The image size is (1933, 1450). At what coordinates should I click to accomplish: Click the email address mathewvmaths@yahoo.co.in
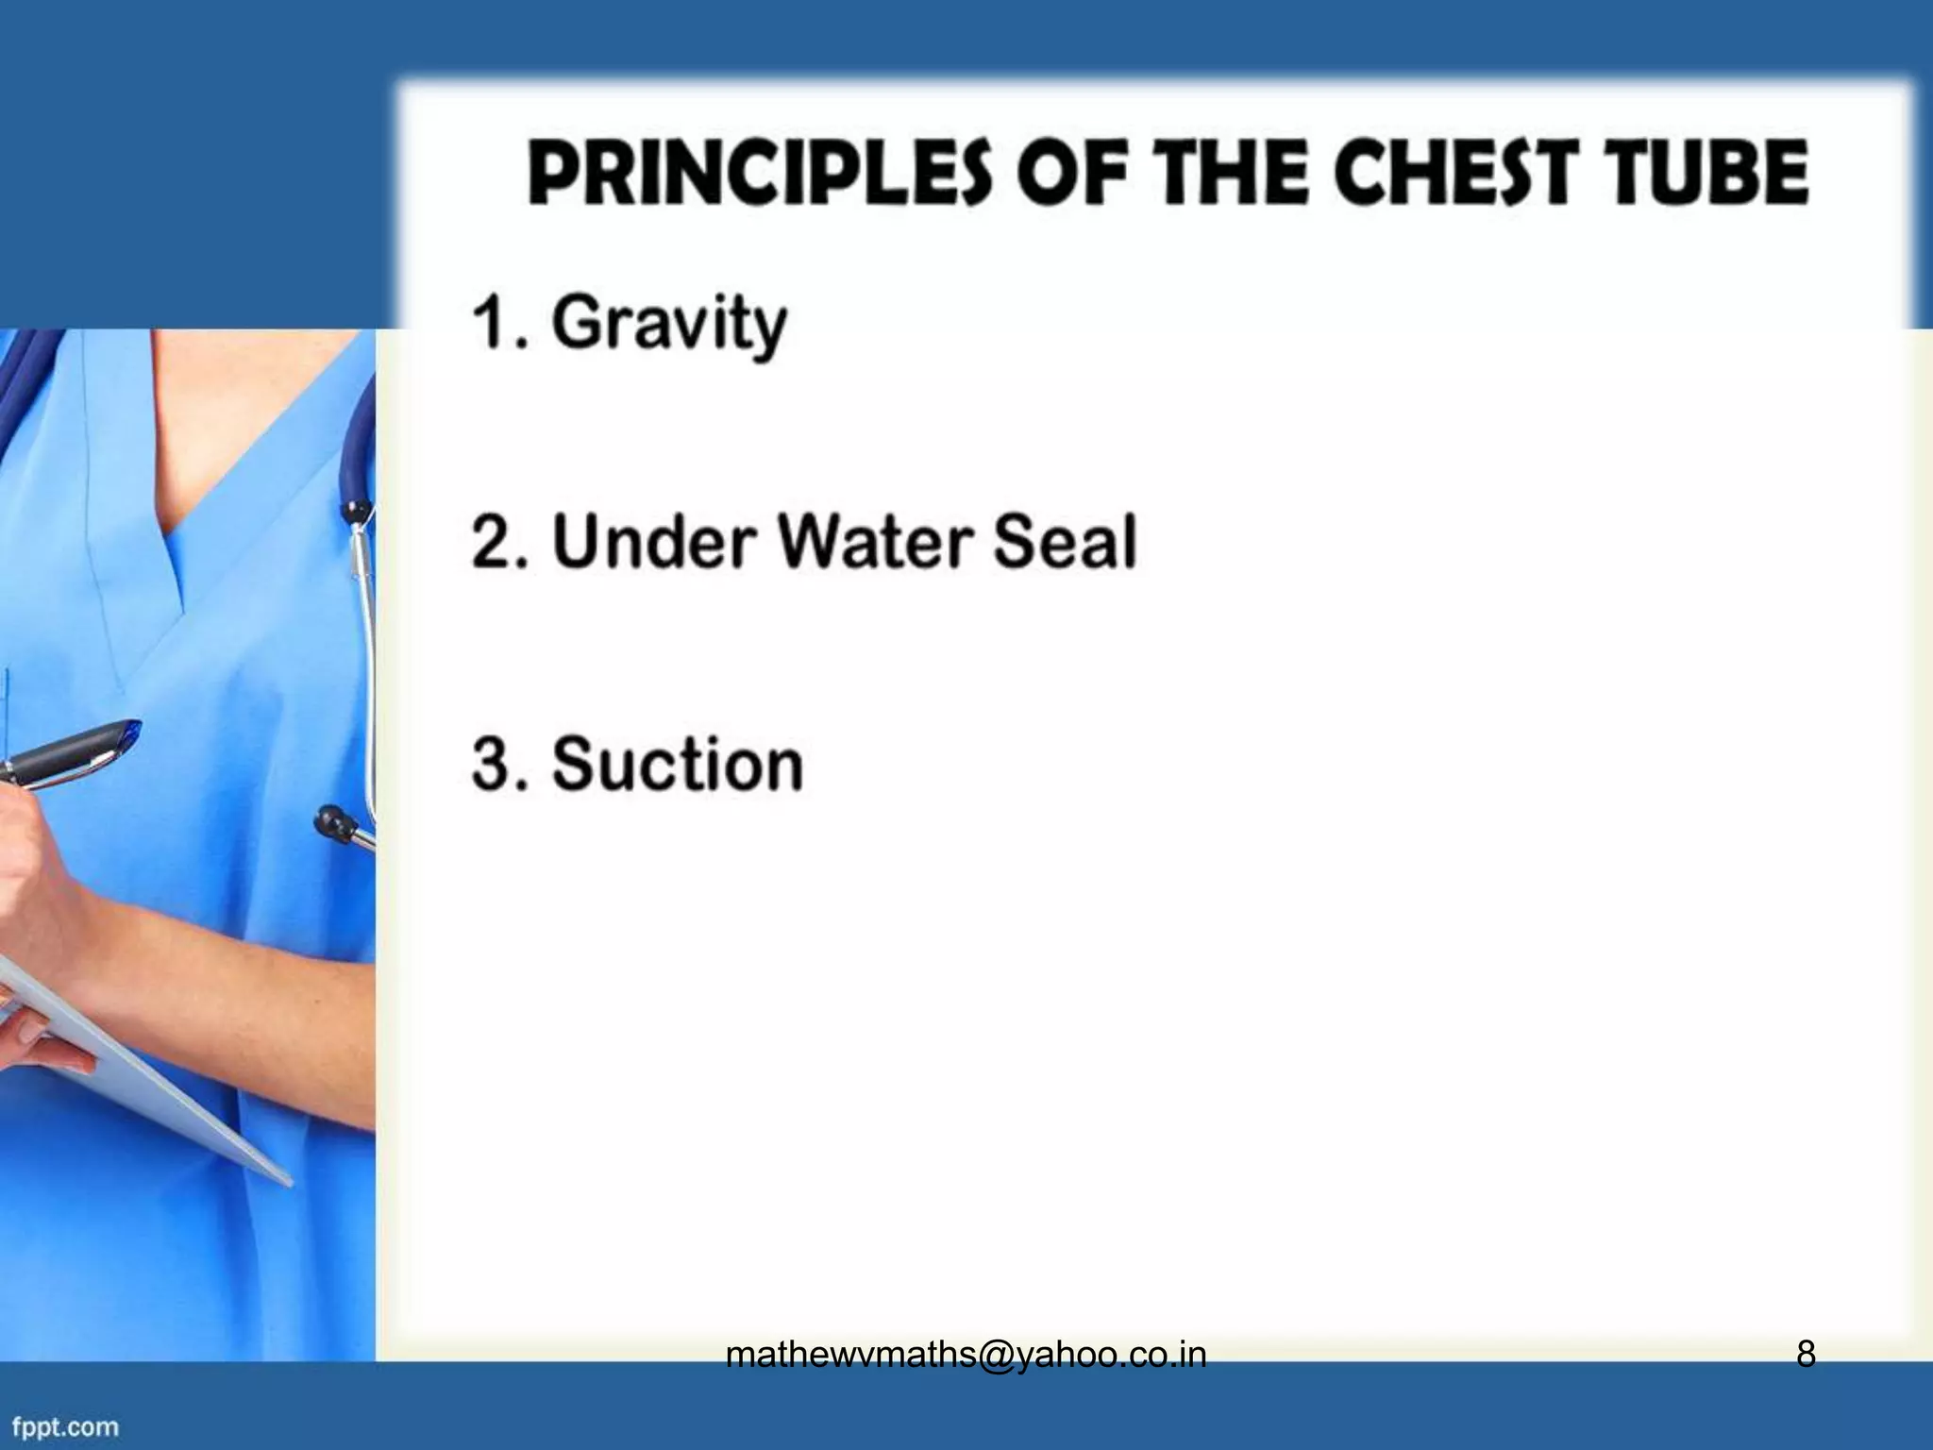[966, 1356]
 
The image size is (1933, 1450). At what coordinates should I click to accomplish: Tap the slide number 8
[1805, 1356]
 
